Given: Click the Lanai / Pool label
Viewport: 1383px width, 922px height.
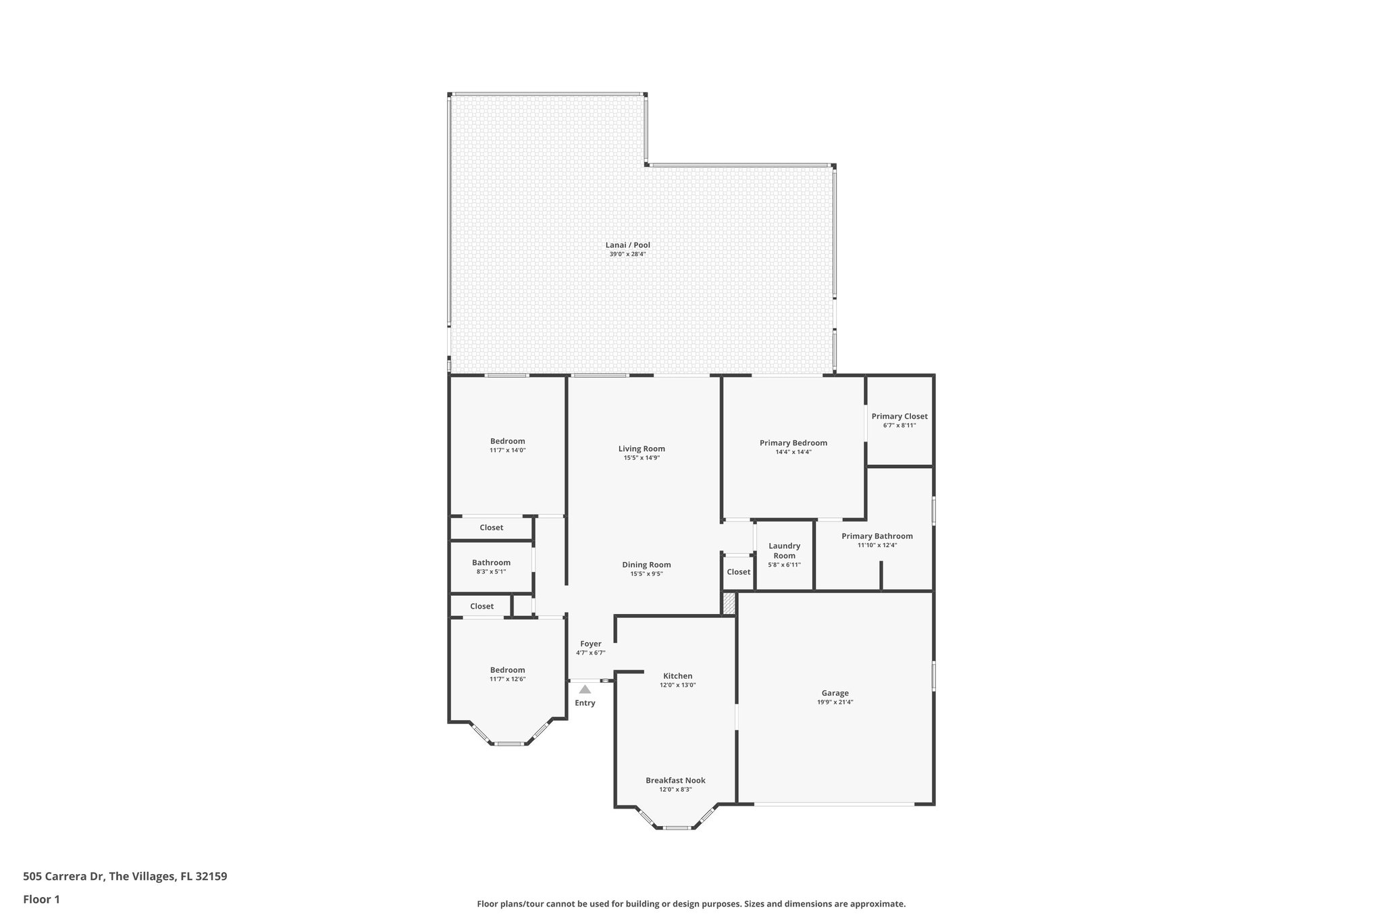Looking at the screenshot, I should [x=627, y=245].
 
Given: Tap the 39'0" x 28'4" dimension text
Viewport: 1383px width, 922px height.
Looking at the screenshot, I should [x=627, y=255].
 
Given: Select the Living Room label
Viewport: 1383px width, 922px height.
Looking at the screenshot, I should [x=642, y=449].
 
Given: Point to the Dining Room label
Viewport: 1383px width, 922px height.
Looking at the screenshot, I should [x=646, y=565].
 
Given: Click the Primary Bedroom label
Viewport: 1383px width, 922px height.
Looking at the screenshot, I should [x=793, y=443].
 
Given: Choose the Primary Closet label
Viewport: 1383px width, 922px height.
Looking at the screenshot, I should [x=899, y=416].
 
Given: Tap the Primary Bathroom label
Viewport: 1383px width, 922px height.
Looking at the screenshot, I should [x=877, y=536].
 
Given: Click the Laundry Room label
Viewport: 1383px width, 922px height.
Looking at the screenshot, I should [x=784, y=550].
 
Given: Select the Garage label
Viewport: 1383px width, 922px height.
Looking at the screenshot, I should [x=835, y=693].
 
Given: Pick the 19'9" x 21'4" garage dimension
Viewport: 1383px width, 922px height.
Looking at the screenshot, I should [x=835, y=702].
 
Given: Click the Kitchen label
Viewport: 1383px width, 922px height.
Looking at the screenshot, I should [x=677, y=676].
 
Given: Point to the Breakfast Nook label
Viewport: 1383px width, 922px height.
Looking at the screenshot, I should [x=675, y=780].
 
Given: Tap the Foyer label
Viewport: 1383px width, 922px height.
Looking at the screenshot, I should [x=590, y=644].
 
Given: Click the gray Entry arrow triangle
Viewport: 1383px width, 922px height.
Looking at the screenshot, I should [x=585, y=690].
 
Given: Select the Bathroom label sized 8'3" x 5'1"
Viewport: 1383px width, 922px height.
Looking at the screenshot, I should [x=491, y=563].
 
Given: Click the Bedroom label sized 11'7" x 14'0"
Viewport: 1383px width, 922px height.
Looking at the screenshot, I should [x=507, y=441].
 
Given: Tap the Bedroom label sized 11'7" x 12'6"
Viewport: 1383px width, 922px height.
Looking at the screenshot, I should [x=507, y=670].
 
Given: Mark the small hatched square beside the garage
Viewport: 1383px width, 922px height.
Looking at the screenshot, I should [x=729, y=604].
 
